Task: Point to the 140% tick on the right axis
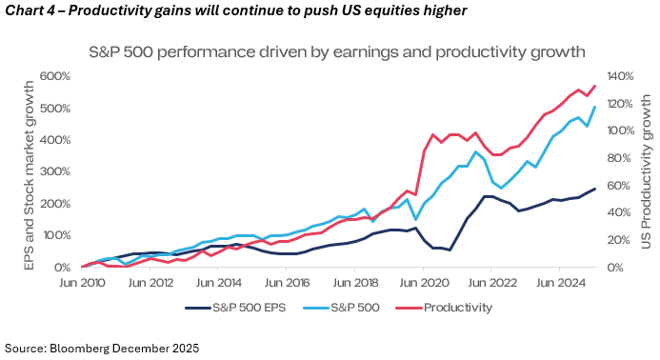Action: [x=620, y=76]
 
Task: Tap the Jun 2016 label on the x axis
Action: [x=287, y=283]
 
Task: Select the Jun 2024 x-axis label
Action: [x=561, y=283]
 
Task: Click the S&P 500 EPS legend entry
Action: [x=235, y=308]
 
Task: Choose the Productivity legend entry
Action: [x=444, y=308]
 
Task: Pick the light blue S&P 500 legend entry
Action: [x=341, y=308]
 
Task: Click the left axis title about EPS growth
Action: [x=29, y=175]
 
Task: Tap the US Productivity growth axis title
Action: [x=646, y=171]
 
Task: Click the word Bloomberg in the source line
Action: [x=79, y=349]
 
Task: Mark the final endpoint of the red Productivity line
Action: [x=595, y=86]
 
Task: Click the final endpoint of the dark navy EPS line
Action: [x=595, y=189]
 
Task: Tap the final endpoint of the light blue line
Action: [x=595, y=107]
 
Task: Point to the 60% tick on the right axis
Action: [x=619, y=186]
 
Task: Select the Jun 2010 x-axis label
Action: [x=82, y=283]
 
